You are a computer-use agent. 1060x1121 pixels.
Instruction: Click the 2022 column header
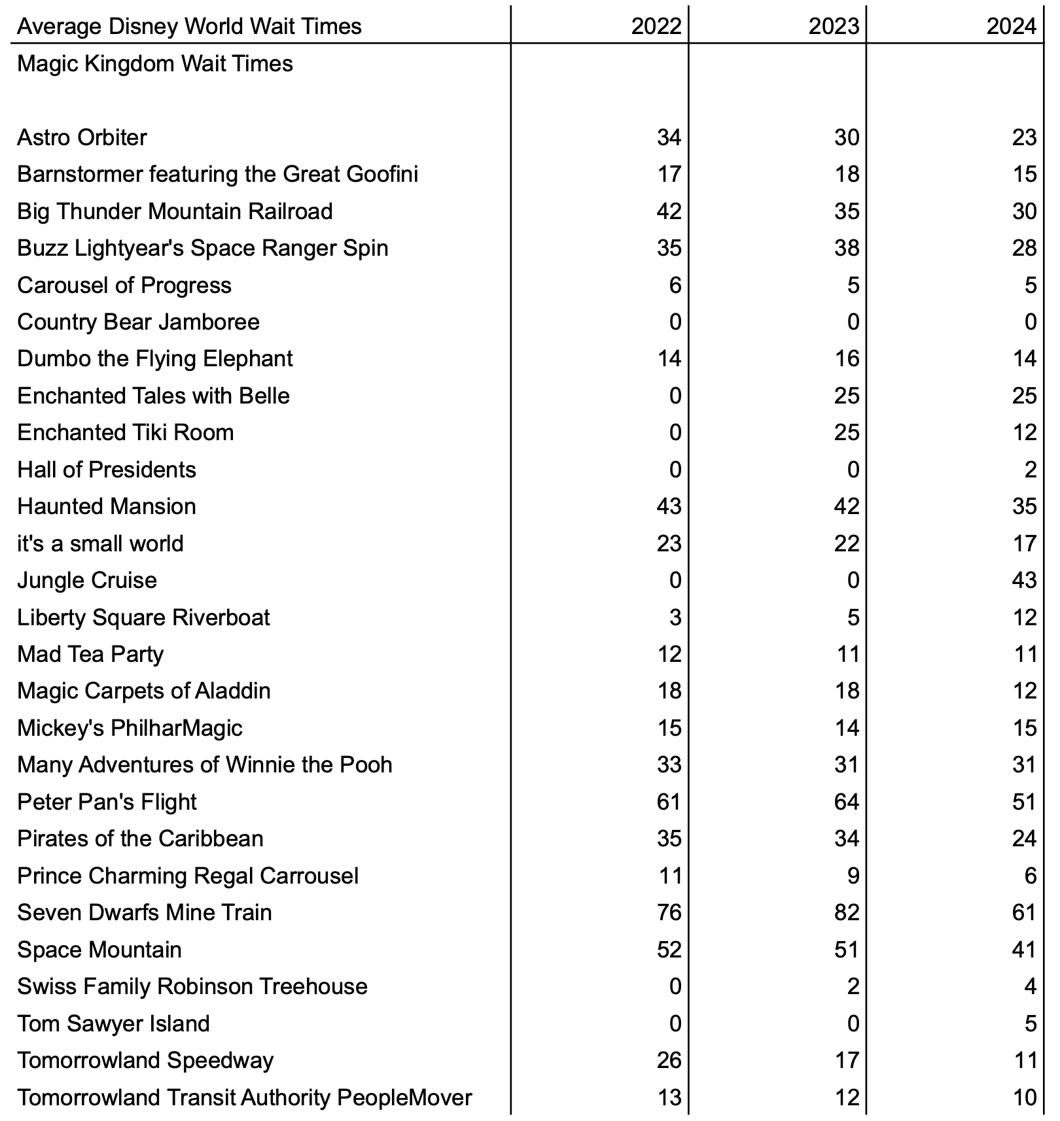(656, 26)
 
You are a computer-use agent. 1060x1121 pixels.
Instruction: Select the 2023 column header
(834, 26)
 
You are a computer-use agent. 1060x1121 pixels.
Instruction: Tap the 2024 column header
(1012, 26)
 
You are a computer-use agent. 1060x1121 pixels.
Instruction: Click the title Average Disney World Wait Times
(189, 26)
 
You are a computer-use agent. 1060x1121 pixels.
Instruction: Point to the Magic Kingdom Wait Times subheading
(155, 63)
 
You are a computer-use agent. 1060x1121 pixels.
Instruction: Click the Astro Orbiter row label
(82, 137)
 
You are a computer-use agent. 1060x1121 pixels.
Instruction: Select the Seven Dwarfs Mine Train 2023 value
(846, 912)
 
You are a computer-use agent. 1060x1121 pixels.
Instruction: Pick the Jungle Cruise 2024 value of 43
(1024, 580)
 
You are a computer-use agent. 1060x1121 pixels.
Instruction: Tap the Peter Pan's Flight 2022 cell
(669, 802)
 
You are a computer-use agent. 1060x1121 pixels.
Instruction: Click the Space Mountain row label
(99, 950)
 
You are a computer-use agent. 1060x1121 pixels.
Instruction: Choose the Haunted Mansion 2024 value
(1024, 506)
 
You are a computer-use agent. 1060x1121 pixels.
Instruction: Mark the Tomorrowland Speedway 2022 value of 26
(669, 1060)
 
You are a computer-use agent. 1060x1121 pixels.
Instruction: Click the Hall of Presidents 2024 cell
(1031, 470)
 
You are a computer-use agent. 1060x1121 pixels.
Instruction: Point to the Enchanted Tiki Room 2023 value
(846, 432)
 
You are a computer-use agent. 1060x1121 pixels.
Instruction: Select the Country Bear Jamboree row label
(138, 322)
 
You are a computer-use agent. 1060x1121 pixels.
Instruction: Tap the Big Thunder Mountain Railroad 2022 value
(669, 211)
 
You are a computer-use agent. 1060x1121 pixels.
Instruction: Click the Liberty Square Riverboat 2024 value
(1024, 617)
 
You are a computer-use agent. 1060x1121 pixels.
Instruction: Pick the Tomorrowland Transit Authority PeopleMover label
(244, 1097)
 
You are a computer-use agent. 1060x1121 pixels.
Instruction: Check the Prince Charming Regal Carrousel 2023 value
(853, 876)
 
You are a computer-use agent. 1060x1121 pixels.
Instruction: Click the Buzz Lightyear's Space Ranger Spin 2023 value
(846, 248)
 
